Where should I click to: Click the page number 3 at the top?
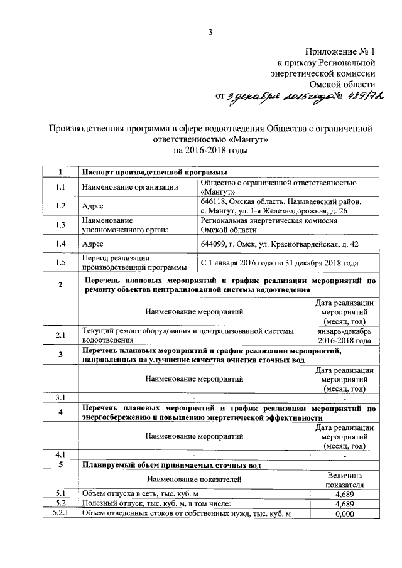(211, 33)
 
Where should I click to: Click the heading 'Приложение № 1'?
(340, 52)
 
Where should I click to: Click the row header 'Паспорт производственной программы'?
(155, 172)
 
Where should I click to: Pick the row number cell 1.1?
(60, 186)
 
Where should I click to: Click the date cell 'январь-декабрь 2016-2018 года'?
(345, 335)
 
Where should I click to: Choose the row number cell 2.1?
(60, 335)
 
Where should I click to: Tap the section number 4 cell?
(60, 413)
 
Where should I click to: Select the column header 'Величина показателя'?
(345, 480)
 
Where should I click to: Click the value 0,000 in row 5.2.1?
(345, 514)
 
